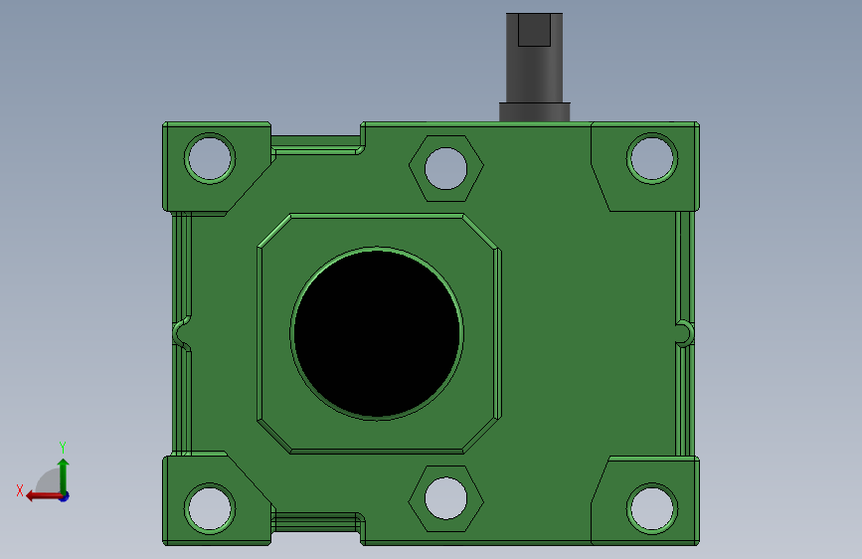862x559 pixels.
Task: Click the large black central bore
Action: (x=377, y=333)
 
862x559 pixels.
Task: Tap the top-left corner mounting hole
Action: (x=210, y=158)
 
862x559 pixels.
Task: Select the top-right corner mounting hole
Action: (x=652, y=158)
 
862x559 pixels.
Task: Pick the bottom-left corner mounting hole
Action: (x=210, y=508)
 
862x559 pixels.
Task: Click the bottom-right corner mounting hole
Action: (x=652, y=508)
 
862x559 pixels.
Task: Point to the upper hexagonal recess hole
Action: (x=445, y=168)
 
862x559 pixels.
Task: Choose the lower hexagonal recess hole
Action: (x=445, y=498)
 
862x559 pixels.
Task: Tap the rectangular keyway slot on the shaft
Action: (x=534, y=30)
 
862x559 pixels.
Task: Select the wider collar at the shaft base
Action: (x=534, y=111)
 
